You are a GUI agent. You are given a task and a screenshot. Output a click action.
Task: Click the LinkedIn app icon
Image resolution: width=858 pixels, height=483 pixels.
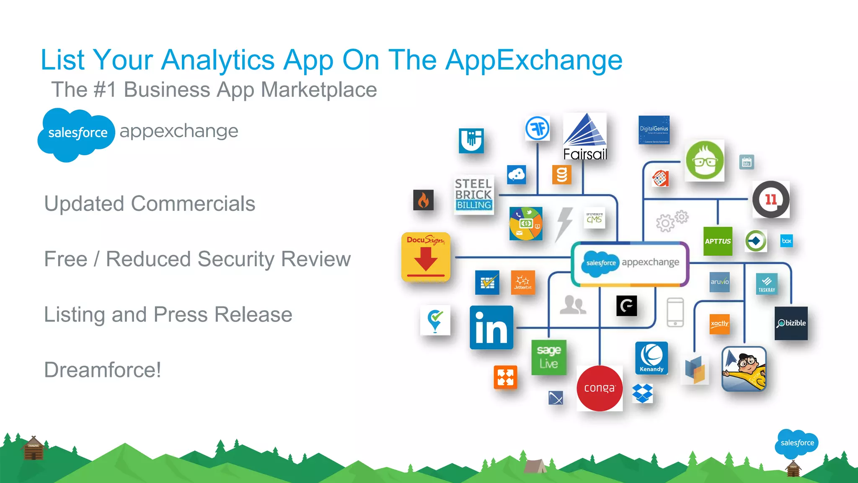(491, 327)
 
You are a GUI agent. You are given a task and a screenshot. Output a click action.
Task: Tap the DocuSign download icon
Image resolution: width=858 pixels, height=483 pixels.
(426, 257)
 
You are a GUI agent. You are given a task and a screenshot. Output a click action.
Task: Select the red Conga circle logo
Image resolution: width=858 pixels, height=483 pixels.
(600, 388)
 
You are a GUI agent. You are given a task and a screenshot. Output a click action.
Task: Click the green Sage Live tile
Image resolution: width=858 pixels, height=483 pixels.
(549, 357)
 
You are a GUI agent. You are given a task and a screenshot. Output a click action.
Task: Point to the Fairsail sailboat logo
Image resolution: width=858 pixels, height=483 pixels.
(585, 137)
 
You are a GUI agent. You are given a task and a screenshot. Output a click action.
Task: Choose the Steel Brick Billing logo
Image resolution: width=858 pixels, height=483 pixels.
(474, 195)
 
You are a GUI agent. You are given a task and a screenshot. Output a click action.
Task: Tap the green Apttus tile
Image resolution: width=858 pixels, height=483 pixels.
(718, 241)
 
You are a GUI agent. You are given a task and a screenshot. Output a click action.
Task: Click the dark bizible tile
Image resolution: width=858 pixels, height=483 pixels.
(791, 323)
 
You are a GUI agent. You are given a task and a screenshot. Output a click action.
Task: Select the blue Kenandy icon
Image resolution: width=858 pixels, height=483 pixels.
(651, 358)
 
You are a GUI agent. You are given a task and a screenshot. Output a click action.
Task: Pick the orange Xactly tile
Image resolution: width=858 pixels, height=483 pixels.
(720, 324)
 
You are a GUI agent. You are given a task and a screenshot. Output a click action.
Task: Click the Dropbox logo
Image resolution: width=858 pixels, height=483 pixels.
(642, 393)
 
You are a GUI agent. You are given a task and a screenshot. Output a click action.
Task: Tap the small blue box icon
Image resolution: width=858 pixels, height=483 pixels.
(786, 241)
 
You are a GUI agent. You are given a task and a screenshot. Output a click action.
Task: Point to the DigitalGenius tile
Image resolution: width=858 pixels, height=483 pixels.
(654, 130)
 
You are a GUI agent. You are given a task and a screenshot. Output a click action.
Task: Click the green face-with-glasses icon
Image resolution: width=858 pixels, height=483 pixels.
(705, 161)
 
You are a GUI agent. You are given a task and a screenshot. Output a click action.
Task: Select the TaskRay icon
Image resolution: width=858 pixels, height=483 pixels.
(767, 283)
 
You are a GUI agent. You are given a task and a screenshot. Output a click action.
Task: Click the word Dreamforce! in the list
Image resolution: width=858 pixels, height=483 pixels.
(103, 370)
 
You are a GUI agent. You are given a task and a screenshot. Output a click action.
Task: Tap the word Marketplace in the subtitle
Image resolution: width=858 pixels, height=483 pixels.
(319, 90)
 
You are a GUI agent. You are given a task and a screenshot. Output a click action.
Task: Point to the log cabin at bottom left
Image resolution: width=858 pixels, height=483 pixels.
(33, 449)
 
